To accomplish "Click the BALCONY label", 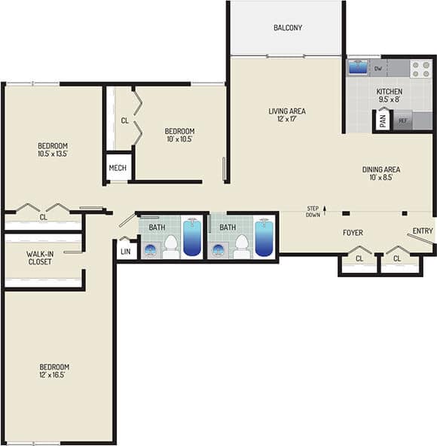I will tap(287, 28).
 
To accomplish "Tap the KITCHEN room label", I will tap(390, 91).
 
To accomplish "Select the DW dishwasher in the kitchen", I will tap(378, 69).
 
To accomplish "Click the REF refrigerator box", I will tap(403, 121).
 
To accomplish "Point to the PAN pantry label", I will tap(383, 120).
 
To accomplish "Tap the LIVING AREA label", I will tap(287, 111).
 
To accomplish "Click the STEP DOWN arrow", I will tap(325, 212).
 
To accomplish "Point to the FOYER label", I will tap(353, 233).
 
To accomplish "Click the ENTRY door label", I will tap(423, 231).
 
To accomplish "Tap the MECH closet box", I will tap(118, 168).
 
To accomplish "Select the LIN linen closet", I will tap(126, 251).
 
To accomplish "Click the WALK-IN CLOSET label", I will tap(39, 257).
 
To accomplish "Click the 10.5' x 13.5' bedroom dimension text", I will tap(53, 154).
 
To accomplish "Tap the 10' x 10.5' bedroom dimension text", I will tap(179, 139).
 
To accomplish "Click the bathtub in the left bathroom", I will tap(192, 238).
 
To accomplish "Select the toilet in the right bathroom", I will tap(242, 244).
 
